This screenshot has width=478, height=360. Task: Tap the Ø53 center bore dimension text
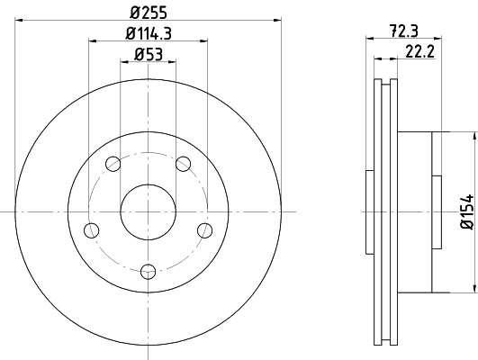(x=149, y=55)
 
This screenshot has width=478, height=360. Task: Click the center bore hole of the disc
(x=149, y=210)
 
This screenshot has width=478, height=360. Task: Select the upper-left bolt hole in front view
(x=113, y=164)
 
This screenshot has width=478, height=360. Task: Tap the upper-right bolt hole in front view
(x=185, y=164)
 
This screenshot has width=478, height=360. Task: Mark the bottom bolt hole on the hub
(x=149, y=268)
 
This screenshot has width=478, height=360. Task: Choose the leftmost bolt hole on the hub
(x=90, y=230)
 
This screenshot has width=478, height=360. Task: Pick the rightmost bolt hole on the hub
(x=206, y=230)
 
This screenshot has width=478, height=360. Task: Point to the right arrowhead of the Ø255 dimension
(x=278, y=21)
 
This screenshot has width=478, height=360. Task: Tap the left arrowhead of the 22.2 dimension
(x=376, y=59)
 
